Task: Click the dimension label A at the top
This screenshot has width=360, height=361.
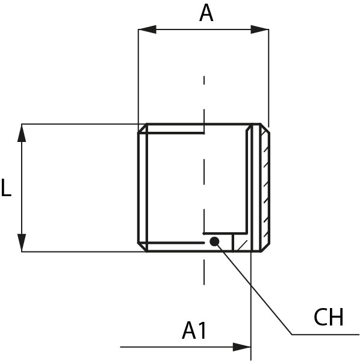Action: pyautogui.click(x=206, y=13)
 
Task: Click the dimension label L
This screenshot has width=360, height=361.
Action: pyautogui.click(x=6, y=188)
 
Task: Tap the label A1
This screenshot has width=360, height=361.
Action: pyautogui.click(x=194, y=330)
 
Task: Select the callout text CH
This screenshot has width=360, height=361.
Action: pyautogui.click(x=329, y=317)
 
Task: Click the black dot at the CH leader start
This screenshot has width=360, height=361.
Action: pyautogui.click(x=214, y=241)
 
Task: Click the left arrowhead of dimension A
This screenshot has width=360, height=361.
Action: pyautogui.click(x=147, y=29)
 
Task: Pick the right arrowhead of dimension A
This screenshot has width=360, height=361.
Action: pyautogui.click(x=259, y=29)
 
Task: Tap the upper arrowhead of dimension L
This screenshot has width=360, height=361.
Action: pyautogui.click(x=22, y=133)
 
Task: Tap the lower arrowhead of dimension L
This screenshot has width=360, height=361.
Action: pyautogui.click(x=22, y=242)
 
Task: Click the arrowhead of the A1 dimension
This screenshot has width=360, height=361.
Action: pyautogui.click(x=242, y=347)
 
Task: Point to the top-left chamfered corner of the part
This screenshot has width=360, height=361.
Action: pyautogui.click(x=143, y=129)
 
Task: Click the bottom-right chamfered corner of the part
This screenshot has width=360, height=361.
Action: pyautogui.click(x=265, y=247)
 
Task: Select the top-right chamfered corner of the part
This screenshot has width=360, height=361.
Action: pyautogui.click(x=265, y=128)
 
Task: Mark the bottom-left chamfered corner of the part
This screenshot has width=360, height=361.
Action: pyautogui.click(x=143, y=247)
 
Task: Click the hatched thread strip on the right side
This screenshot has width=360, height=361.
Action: pyautogui.click(x=265, y=188)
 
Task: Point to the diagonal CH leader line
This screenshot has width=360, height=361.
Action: pyautogui.click(x=253, y=288)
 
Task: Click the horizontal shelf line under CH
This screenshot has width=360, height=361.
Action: pyautogui.click(x=326, y=335)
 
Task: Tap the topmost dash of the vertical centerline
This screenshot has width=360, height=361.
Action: pyautogui.click(x=204, y=81)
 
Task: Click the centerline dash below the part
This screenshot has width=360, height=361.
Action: pyautogui.click(x=204, y=272)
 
